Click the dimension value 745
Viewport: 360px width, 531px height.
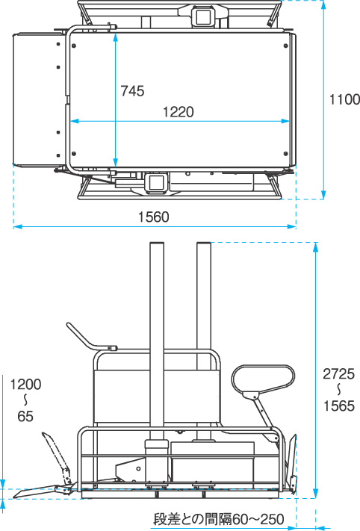(x=132, y=91)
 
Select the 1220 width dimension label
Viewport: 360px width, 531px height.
(x=179, y=112)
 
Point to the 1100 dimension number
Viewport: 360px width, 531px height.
(x=345, y=99)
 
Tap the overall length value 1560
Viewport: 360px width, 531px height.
(x=153, y=217)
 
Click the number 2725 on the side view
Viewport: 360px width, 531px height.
(x=338, y=374)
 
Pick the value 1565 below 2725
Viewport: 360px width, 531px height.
(x=338, y=406)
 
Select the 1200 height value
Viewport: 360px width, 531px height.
(x=25, y=385)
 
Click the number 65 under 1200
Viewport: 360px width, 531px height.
(x=25, y=417)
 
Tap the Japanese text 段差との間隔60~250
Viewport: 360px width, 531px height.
(x=219, y=519)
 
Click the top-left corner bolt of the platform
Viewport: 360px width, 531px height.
(x=74, y=46)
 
